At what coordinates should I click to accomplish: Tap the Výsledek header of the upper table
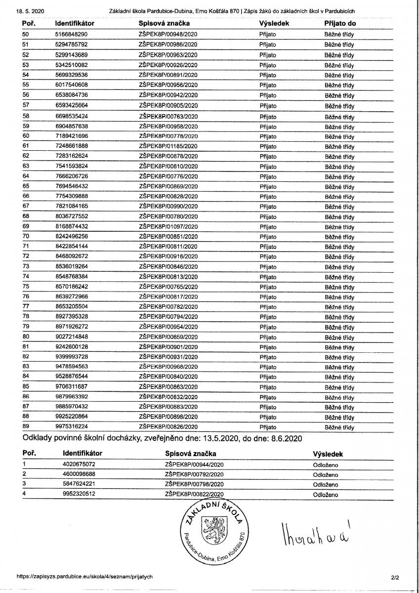click(273, 23)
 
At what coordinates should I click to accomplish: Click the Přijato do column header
click(340, 23)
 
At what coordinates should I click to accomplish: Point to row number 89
click(26, 426)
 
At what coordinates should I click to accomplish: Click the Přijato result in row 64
click(268, 176)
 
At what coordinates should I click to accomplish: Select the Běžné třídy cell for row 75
click(339, 287)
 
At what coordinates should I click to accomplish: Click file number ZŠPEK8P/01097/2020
click(168, 226)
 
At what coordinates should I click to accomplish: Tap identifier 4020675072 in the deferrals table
click(79, 465)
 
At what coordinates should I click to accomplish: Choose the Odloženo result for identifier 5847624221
click(326, 484)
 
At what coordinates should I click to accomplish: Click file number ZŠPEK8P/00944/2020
click(194, 465)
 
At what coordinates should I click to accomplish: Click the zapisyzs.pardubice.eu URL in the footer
click(84, 576)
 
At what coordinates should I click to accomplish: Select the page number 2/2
click(394, 577)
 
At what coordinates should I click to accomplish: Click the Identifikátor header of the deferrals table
click(83, 453)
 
